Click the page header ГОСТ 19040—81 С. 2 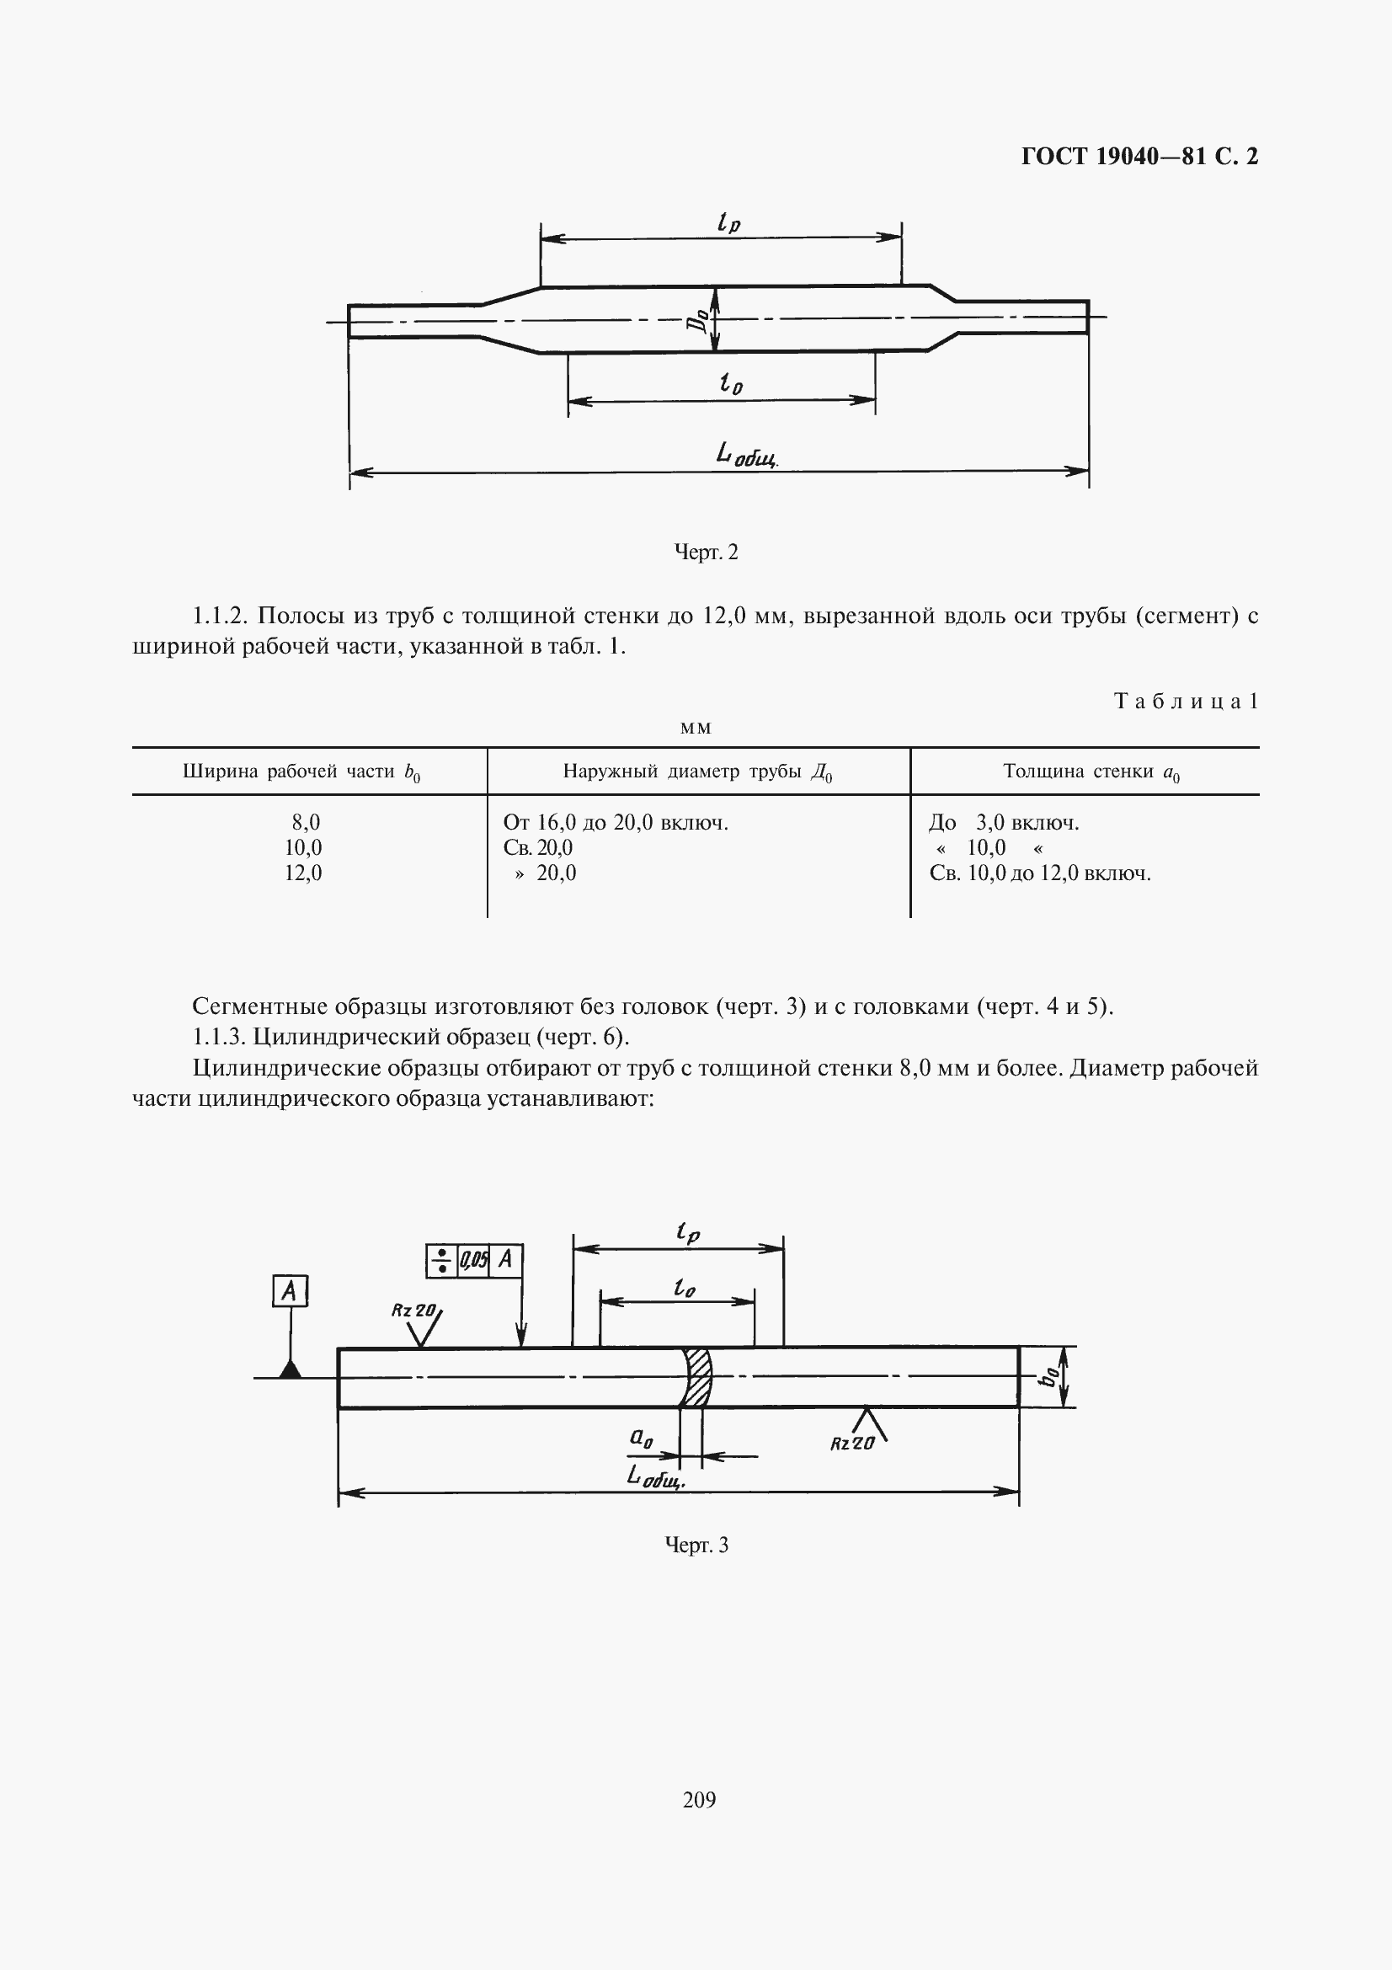tap(1139, 156)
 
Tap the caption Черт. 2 tap(706, 552)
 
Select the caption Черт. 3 tap(696, 1546)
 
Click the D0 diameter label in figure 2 tap(701, 320)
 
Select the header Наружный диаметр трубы tap(697, 772)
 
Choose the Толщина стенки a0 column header tap(1092, 772)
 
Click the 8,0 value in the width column tap(306, 823)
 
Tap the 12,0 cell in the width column tap(304, 873)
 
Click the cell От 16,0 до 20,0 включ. tap(616, 823)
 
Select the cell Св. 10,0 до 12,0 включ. tap(1039, 873)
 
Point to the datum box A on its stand tap(290, 1290)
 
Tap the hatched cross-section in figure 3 tap(697, 1377)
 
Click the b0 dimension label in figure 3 tap(1048, 1376)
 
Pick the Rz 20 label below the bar tap(851, 1444)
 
